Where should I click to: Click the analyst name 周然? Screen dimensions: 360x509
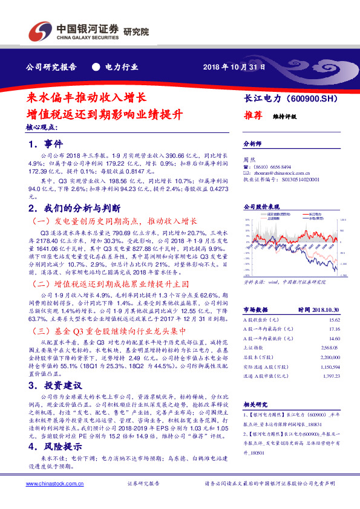[x=247, y=160]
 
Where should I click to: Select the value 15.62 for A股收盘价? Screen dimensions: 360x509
[x=334, y=319]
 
